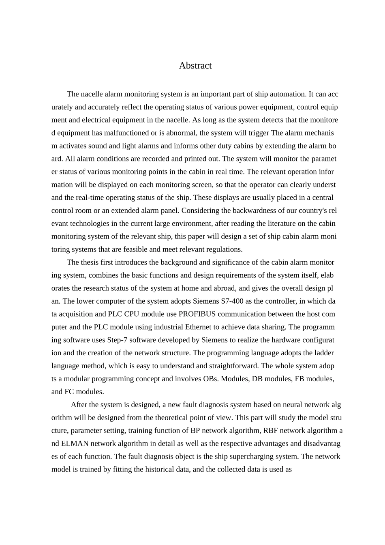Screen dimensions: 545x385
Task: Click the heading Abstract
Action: (x=195, y=66)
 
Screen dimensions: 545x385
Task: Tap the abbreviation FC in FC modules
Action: (x=69, y=392)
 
